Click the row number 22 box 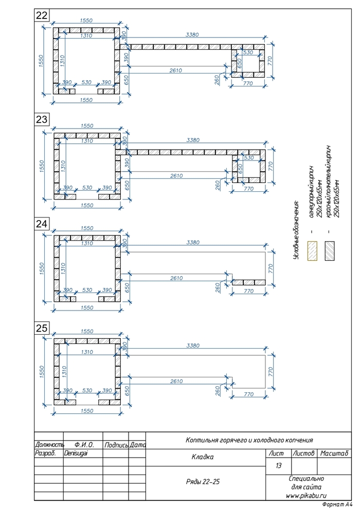point(42,15)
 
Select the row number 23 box point(42,119)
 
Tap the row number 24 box point(42,224)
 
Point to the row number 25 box point(42,328)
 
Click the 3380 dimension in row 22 point(192,35)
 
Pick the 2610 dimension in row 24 point(176,278)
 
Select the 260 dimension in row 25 point(218,391)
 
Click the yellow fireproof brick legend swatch point(312,251)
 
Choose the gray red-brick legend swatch point(330,251)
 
